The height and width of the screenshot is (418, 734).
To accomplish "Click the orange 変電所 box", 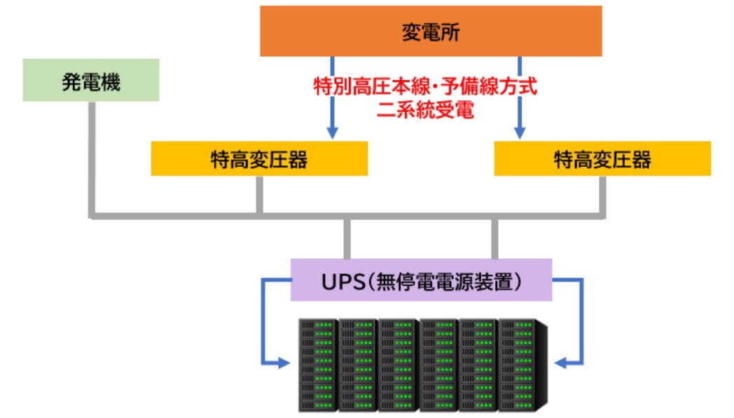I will click(x=431, y=31).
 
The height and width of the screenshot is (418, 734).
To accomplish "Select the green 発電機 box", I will click(x=91, y=80).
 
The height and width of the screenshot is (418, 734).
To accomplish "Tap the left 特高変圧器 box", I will click(x=259, y=159).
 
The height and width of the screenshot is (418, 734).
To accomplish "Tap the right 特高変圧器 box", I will click(x=602, y=159).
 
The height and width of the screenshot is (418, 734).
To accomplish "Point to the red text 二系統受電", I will click(x=425, y=111).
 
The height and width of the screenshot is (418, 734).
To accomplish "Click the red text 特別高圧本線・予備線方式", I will click(x=425, y=88).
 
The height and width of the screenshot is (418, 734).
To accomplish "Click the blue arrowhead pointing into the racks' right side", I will click(x=560, y=363).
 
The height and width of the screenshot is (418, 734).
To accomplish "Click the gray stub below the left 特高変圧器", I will click(x=259, y=194).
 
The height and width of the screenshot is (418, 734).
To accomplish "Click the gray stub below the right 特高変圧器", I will click(x=602, y=194).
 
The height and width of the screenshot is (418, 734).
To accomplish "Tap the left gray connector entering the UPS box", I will click(x=347, y=238).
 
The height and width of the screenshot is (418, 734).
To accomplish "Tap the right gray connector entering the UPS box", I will click(x=494, y=238).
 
